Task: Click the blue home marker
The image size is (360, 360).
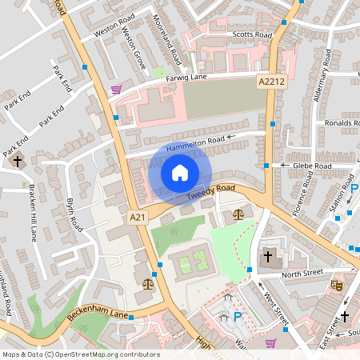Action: coord(180,172)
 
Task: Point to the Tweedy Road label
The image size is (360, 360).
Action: coord(211,192)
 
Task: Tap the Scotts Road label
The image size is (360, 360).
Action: coord(251,36)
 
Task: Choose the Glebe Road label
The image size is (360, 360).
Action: coord(311,166)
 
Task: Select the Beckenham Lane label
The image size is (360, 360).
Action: coord(98,309)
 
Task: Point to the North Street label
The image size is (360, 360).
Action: coord(302,273)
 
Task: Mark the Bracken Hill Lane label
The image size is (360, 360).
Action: coord(33,212)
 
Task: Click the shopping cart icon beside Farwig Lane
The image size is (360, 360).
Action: coord(117,89)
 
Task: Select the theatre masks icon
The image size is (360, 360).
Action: coord(338,283)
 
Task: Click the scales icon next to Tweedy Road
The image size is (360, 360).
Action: coord(238,214)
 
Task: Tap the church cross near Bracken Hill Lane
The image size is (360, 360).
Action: coord(18,162)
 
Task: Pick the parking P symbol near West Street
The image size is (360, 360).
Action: coord(237,317)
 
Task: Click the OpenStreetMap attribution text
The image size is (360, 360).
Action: coord(80,354)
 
